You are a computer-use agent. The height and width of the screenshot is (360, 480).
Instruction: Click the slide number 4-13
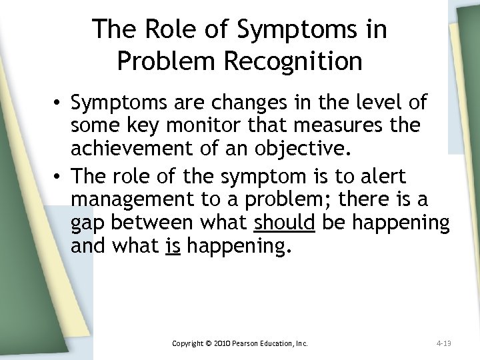pyautogui.click(x=444, y=343)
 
